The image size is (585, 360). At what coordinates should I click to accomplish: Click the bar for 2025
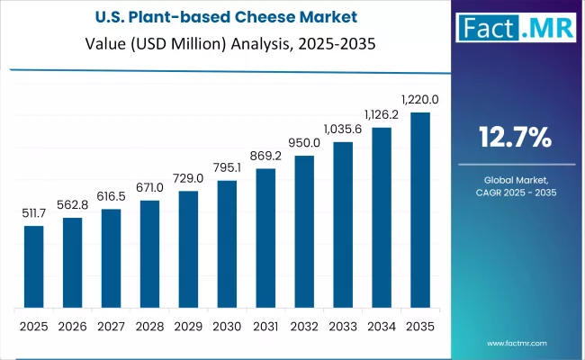pos(33,266)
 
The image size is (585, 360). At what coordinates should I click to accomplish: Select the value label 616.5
pos(111,197)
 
